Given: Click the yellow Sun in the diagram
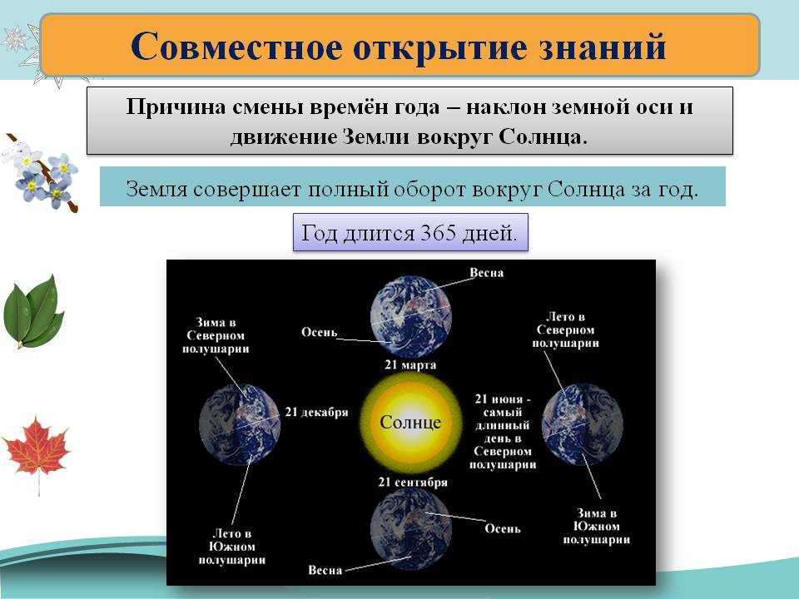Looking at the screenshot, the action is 410,422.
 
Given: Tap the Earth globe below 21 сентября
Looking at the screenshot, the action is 410,529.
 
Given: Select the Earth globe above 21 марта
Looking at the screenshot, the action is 410,316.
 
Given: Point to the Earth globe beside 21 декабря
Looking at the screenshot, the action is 240,425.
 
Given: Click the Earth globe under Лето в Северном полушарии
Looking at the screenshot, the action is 583,425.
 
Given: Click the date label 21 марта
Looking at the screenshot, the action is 410,364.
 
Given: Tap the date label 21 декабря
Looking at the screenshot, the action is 316,412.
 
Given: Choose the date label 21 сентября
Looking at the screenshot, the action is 413,482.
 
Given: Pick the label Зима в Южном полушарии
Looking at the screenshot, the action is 596,526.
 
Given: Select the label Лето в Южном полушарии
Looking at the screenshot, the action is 232,547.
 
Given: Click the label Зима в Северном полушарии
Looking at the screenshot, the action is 216,335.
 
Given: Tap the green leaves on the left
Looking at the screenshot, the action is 33,312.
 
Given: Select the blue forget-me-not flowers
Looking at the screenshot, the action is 42,173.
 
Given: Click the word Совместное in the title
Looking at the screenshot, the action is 236,47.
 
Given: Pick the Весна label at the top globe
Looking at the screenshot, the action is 487,273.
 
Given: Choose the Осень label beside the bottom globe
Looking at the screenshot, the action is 503,529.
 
